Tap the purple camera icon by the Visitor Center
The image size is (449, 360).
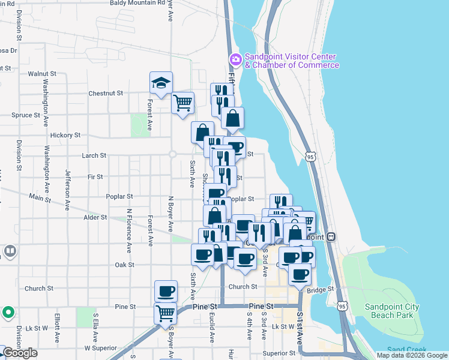pyautogui.click(x=235, y=59)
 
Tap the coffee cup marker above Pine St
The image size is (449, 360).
pyautogui.click(x=166, y=292)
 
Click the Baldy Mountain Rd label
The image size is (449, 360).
pyautogui.click(x=137, y=3)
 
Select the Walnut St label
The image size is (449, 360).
pyautogui.click(x=42, y=74)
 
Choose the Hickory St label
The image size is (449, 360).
pyautogui.click(x=66, y=136)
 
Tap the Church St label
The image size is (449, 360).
pyautogui.click(x=40, y=289)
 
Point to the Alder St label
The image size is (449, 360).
pyautogui.click(x=95, y=217)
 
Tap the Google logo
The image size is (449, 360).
pyautogui.click(x=20, y=353)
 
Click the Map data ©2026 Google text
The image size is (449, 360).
pyautogui.click(x=412, y=355)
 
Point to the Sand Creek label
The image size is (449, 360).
pyautogui.click(x=406, y=350)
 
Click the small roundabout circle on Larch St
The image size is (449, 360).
pyautogui.click(x=172, y=154)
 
